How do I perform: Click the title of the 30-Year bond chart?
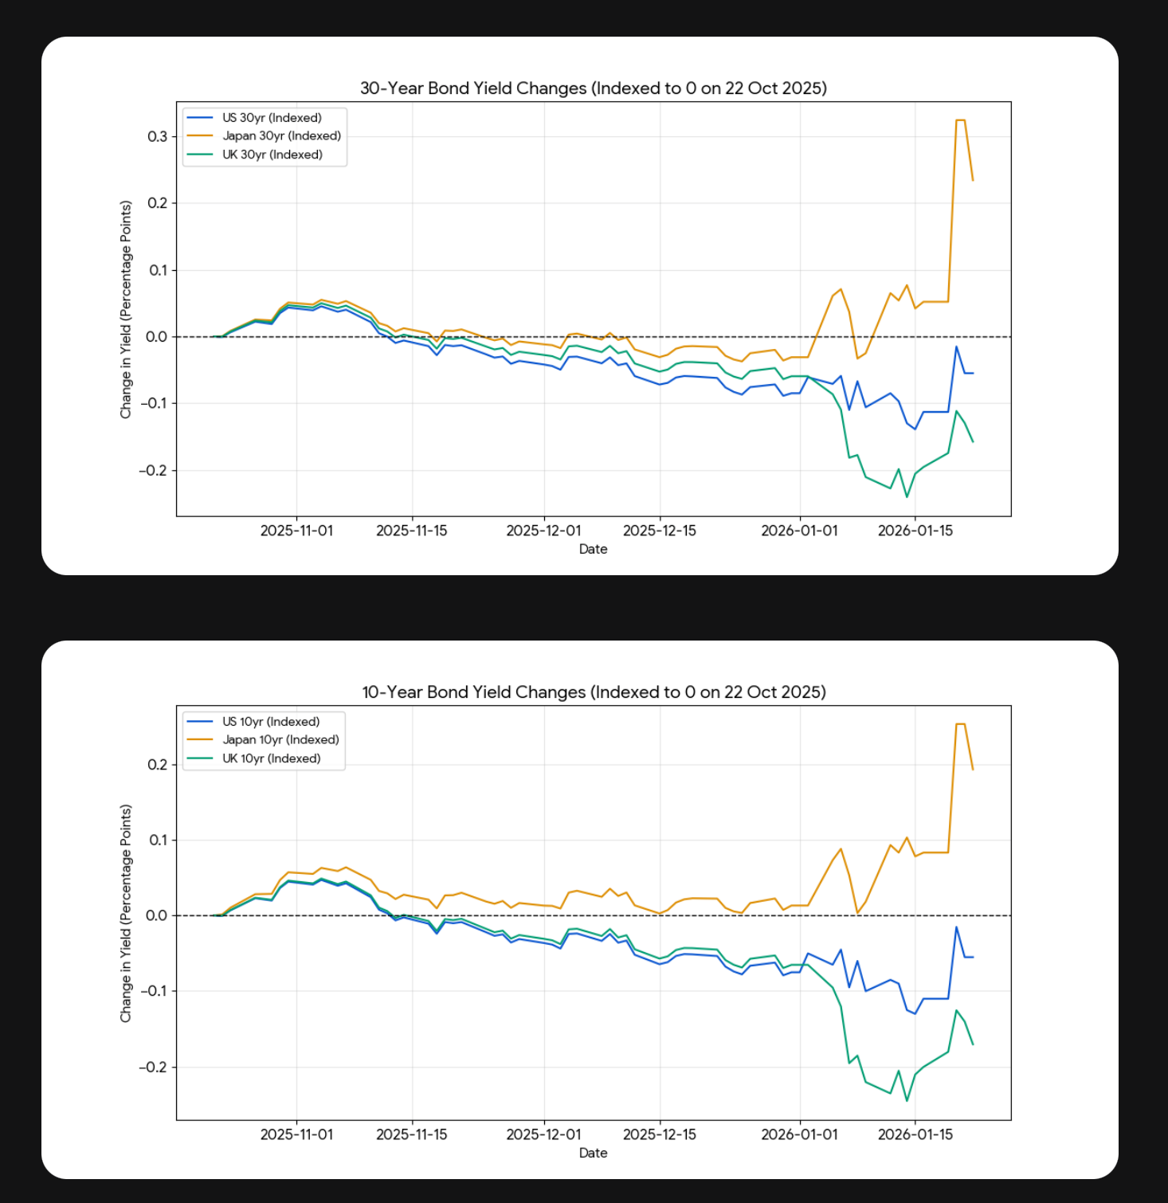pyautogui.click(x=593, y=88)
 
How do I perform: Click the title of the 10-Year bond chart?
pyautogui.click(x=593, y=692)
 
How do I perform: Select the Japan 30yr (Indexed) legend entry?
pyautogui.click(x=281, y=136)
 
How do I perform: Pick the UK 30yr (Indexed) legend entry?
pyautogui.click(x=272, y=155)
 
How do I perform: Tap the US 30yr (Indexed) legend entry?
pyautogui.click(x=272, y=118)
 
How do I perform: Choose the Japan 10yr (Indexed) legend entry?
pyautogui.click(x=280, y=740)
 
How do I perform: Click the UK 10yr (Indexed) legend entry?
pyautogui.click(x=271, y=758)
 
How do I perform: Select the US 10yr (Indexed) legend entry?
pyautogui.click(x=271, y=722)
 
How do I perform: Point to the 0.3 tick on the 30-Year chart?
pyautogui.click(x=157, y=137)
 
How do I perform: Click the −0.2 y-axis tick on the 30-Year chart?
pyautogui.click(x=153, y=471)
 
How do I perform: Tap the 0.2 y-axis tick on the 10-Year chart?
pyautogui.click(x=157, y=765)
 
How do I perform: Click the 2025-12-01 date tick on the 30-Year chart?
pyautogui.click(x=543, y=531)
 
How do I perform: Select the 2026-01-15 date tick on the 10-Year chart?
pyautogui.click(x=915, y=1134)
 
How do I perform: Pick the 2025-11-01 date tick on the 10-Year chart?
pyautogui.click(x=296, y=1134)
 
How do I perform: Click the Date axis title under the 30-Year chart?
pyautogui.click(x=593, y=549)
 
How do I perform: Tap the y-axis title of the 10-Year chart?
pyautogui.click(x=126, y=913)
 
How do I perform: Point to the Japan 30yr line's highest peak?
pyautogui.click(x=960, y=120)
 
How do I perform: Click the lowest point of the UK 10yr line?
pyautogui.click(x=907, y=1101)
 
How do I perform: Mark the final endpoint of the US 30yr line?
pyautogui.click(x=973, y=373)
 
